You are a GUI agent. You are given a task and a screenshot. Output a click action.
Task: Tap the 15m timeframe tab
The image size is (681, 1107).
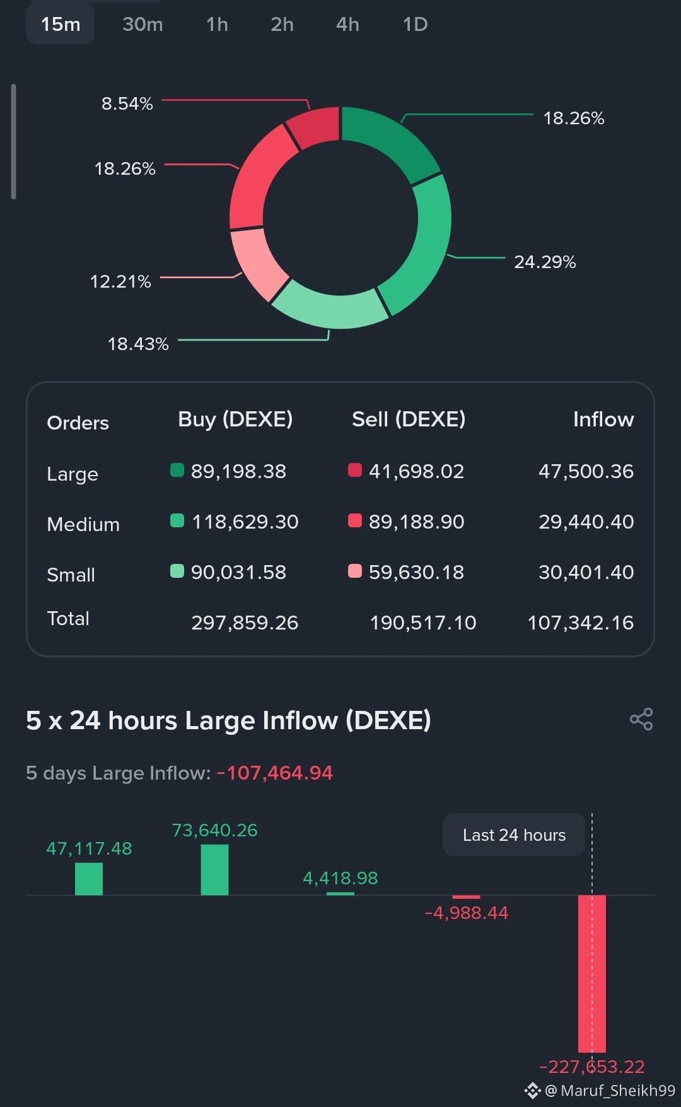[61, 24]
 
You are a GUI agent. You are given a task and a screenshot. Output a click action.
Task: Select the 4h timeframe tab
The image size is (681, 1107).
[347, 24]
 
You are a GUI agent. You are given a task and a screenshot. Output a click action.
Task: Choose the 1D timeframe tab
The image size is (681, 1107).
[415, 24]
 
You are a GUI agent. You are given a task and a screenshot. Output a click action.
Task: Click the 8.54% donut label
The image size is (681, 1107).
[127, 103]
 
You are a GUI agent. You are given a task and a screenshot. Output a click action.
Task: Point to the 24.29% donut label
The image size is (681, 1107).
[545, 262]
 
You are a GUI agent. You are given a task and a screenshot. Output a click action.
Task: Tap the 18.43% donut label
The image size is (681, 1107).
[138, 344]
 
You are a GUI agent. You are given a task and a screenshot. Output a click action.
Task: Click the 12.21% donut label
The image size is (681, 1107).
[120, 281]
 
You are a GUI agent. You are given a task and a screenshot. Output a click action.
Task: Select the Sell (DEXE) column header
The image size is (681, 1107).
[409, 419]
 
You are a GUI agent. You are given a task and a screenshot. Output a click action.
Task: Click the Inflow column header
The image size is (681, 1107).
[603, 419]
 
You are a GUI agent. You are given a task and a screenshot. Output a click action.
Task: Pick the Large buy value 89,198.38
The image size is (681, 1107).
[238, 471]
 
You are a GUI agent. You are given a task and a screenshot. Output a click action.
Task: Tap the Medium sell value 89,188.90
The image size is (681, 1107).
[416, 522]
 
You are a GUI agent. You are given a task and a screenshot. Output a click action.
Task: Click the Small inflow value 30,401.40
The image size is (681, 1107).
[586, 572]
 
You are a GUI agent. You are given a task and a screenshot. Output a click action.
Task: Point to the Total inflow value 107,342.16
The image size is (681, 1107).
[580, 623]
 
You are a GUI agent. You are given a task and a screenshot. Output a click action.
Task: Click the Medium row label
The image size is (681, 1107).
[83, 524]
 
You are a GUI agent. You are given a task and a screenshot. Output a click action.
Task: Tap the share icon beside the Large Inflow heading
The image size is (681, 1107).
[641, 719]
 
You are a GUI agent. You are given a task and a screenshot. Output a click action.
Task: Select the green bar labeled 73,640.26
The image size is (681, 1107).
[214, 870]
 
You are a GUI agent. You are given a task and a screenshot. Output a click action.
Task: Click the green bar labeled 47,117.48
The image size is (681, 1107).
[89, 879]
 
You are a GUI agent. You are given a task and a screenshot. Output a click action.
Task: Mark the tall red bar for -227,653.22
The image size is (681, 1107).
[592, 974]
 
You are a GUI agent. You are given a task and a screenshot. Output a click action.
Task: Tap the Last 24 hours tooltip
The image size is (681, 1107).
[514, 835]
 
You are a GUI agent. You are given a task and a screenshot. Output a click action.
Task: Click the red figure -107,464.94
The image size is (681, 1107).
[274, 773]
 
